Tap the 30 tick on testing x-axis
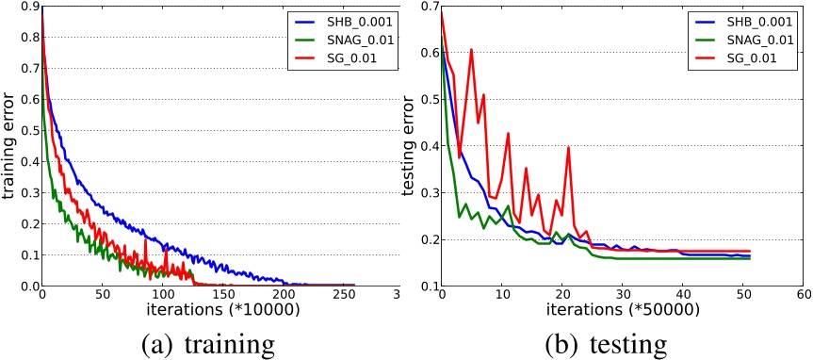pos(621,297)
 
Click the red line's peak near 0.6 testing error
pos(471,50)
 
